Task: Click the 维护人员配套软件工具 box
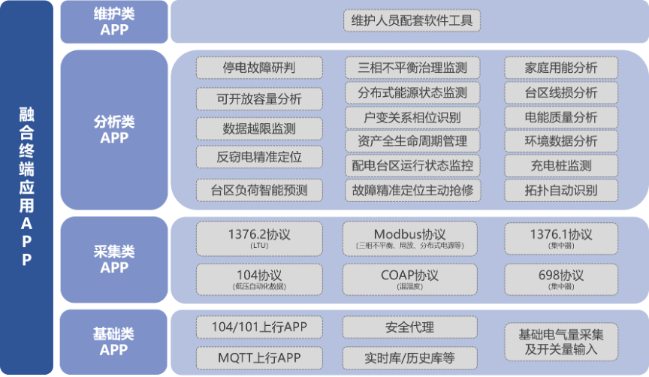(x=412, y=20)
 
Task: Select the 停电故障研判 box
(x=259, y=68)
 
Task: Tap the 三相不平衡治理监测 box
(x=412, y=68)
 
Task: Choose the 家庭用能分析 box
(x=561, y=68)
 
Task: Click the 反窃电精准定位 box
(x=259, y=157)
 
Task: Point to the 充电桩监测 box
(x=561, y=165)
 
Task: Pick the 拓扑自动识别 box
(x=561, y=190)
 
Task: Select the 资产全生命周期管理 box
(x=412, y=140)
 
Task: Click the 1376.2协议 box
(x=259, y=238)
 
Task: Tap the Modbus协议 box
(x=410, y=238)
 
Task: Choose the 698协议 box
(x=561, y=279)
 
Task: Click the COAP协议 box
(x=410, y=279)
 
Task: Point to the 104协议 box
(x=259, y=279)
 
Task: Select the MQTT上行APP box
(x=259, y=357)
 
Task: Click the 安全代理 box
(x=410, y=327)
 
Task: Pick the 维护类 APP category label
(x=114, y=22)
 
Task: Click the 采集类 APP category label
(x=114, y=259)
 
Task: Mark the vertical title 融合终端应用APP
(x=27, y=187)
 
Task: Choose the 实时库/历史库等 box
(x=410, y=357)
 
